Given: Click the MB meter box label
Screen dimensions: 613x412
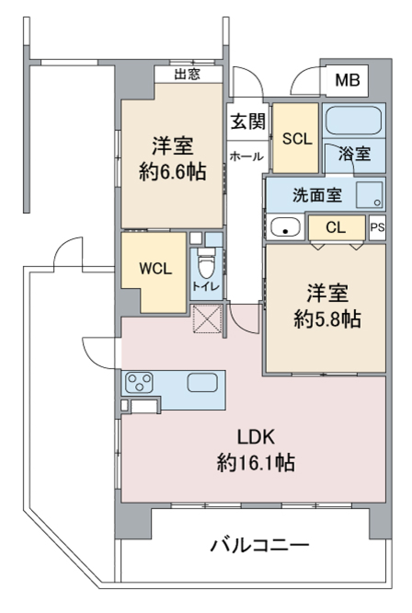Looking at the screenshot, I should (x=347, y=80).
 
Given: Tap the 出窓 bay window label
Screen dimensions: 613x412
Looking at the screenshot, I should (x=187, y=74).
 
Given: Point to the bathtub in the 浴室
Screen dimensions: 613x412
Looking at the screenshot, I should (x=353, y=120).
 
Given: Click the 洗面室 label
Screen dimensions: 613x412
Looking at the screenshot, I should (x=317, y=195).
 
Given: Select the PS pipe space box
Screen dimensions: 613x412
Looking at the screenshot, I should (x=377, y=227).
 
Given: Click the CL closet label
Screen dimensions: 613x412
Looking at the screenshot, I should (x=335, y=227).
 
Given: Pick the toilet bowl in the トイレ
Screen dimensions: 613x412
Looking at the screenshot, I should (x=206, y=266).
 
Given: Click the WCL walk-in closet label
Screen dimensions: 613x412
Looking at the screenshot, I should (x=155, y=269).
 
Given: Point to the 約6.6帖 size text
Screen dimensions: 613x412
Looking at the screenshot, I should (x=173, y=172).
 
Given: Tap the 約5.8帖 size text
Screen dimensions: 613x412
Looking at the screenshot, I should (x=327, y=319).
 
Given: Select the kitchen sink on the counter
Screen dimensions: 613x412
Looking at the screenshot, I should (x=202, y=382).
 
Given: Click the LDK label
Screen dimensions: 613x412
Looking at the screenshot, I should (x=256, y=437).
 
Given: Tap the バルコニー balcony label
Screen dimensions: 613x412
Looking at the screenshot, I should (x=259, y=545).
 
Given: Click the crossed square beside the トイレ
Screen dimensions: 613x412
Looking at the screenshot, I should (x=207, y=319).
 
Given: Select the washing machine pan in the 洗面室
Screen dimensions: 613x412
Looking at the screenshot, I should (x=369, y=195).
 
